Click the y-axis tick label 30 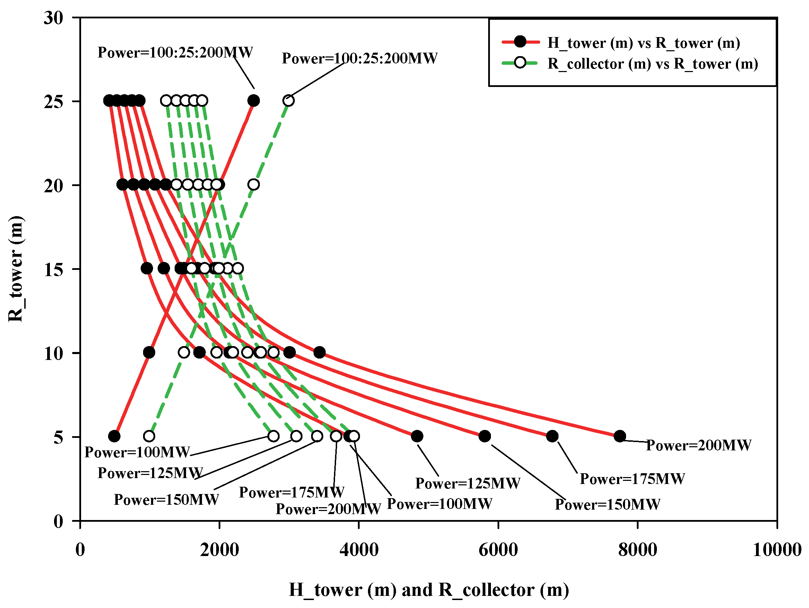53,18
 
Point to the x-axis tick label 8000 637,550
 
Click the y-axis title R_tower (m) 16,269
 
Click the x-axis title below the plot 429,590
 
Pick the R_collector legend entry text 652,64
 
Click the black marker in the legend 520,42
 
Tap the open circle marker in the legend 520,63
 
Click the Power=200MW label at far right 698,445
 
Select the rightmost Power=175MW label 632,479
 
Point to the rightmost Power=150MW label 607,504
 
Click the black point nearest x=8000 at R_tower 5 619,436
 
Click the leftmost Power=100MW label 137,452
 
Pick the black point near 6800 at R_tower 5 552,436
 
